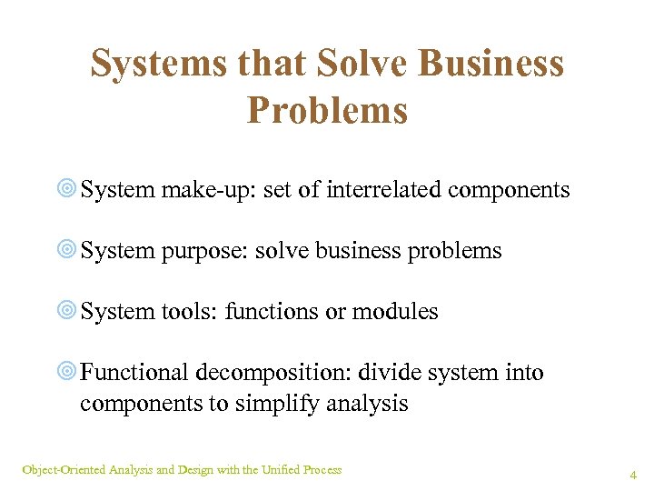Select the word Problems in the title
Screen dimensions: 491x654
[x=327, y=110]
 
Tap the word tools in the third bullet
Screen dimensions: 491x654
[x=189, y=312]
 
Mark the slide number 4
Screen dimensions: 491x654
[x=633, y=475]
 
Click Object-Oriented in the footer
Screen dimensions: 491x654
[x=64, y=470]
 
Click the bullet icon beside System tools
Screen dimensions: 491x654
[x=65, y=312]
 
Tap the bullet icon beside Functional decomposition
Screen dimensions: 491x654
[x=65, y=373]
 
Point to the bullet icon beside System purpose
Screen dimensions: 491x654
[x=65, y=251]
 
